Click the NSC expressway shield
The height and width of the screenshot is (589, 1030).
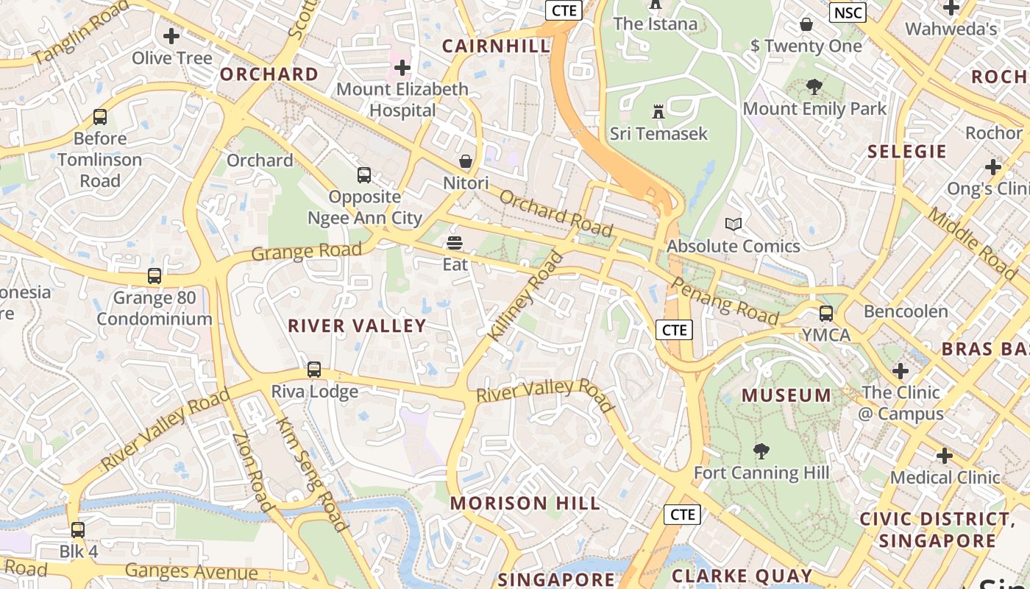[x=848, y=13]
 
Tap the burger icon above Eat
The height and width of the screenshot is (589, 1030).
[x=455, y=242]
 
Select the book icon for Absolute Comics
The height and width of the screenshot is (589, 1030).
[x=734, y=224]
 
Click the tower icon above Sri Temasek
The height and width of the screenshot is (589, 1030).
[x=658, y=112]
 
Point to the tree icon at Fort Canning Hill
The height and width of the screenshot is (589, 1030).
[x=761, y=451]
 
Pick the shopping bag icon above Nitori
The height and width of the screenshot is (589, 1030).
[x=466, y=161]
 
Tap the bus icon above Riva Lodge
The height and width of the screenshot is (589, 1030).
[x=314, y=370]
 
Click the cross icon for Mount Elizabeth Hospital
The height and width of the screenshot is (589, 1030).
[x=402, y=68]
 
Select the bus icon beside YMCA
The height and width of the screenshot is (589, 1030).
[x=826, y=314]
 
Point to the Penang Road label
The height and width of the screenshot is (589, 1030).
[x=725, y=301]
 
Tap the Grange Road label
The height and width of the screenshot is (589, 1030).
[x=306, y=252]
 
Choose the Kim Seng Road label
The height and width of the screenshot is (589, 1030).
[x=310, y=473]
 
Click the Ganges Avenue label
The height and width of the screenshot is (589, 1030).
[x=191, y=571]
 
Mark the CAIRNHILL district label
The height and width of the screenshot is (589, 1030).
[x=496, y=46]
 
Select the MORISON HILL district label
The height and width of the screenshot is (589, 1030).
[x=525, y=504]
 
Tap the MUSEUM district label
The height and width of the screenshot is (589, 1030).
[x=786, y=395]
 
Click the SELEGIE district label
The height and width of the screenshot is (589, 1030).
[x=906, y=152]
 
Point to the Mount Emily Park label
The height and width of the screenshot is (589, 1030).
[x=814, y=109]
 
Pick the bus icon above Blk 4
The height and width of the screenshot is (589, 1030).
[x=78, y=530]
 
